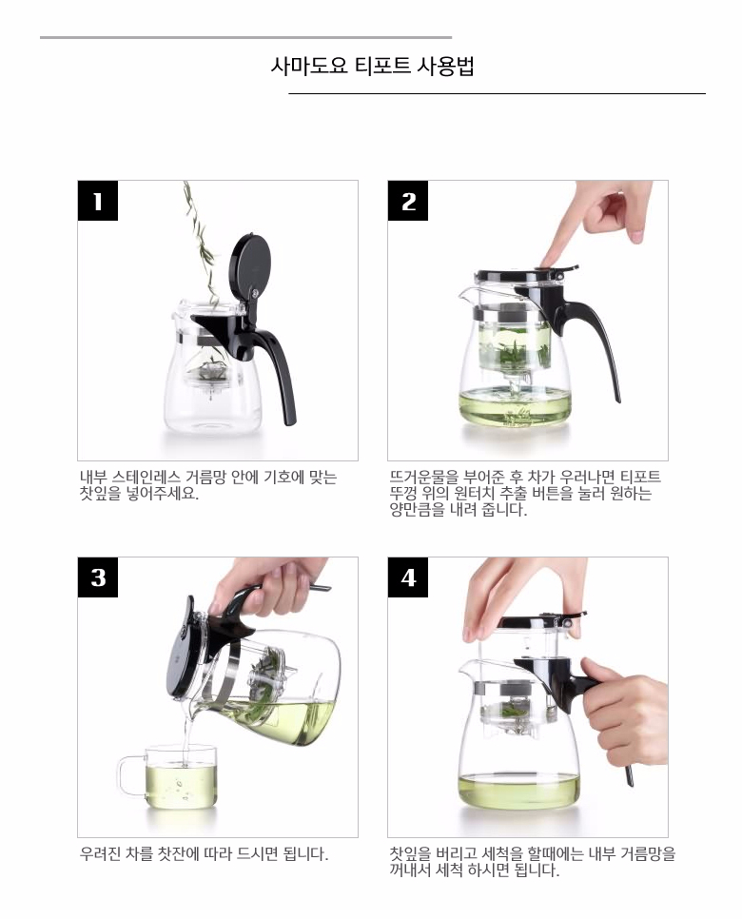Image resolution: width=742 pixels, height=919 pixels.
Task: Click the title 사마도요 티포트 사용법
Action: [372, 67]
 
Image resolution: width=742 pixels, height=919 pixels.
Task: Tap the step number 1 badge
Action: [97, 201]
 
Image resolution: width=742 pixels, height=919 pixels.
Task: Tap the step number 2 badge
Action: [408, 201]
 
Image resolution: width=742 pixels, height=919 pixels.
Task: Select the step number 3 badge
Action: [97, 577]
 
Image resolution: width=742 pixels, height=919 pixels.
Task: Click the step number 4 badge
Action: [408, 577]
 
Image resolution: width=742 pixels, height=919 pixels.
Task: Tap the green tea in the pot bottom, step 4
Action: [518, 790]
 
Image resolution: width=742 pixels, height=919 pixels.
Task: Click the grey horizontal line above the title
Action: [245, 37]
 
